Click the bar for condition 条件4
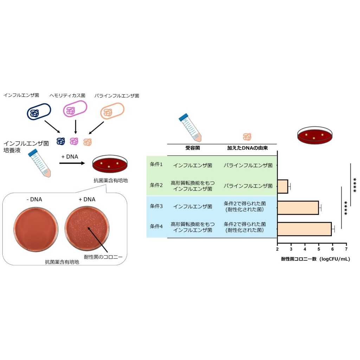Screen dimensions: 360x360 click(304, 229)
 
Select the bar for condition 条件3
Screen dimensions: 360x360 click(298, 208)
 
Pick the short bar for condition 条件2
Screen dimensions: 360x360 click(283, 186)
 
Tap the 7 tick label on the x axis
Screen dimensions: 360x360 click(346, 249)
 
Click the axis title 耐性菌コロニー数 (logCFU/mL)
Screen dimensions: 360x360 click(315, 259)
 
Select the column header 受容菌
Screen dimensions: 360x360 click(193, 148)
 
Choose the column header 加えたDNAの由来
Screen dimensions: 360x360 click(247, 148)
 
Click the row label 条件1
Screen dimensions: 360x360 click(156, 165)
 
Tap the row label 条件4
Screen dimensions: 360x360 click(156, 226)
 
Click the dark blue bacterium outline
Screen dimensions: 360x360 click(39, 111)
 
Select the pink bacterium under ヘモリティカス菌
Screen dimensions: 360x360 click(75, 109)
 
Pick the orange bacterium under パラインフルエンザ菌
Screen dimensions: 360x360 click(112, 111)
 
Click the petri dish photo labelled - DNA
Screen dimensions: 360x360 click(36, 229)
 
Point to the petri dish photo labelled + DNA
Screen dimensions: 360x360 click(87, 229)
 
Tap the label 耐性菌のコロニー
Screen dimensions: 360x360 click(103, 257)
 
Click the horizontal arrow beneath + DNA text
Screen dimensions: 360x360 click(72, 163)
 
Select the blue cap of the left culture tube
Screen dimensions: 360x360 click(33, 153)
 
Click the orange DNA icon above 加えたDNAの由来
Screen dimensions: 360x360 click(247, 137)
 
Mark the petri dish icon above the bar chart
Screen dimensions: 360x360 click(315, 135)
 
